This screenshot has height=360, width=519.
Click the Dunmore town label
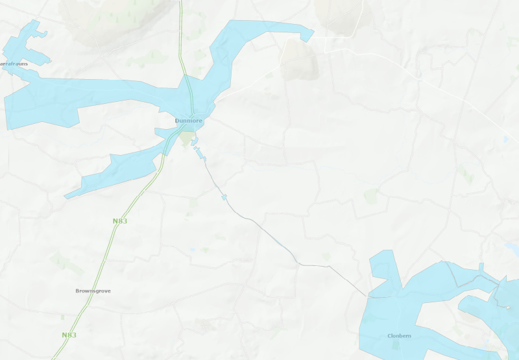188,121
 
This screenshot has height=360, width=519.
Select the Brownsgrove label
93,291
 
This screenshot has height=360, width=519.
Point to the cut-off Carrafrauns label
14,64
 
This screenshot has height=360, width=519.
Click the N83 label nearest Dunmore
119,221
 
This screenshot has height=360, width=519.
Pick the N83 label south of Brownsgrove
69,335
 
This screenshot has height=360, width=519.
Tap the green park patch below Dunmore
187,139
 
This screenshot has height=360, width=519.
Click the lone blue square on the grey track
224,197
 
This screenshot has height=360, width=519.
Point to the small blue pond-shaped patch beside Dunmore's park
195,142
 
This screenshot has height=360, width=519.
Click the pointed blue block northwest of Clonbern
385,272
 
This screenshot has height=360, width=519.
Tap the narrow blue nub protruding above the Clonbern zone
481,269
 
